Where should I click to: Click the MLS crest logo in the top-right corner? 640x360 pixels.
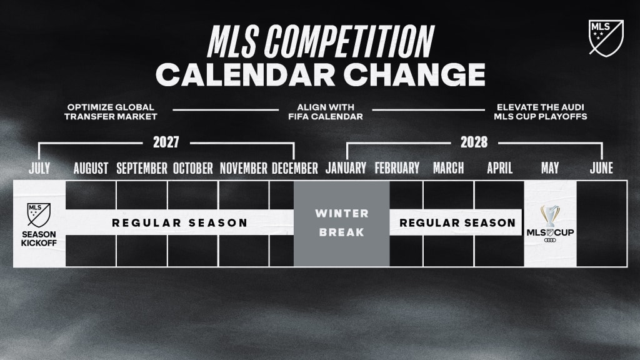(606, 38)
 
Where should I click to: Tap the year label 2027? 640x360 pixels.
(166, 142)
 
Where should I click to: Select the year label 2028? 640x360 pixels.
(474, 142)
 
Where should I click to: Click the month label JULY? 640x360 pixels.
(39, 168)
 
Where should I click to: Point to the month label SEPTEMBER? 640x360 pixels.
(142, 168)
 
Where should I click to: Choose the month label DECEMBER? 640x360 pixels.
(295, 168)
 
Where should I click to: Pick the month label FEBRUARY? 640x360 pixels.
(397, 168)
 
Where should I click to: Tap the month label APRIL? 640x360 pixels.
(499, 168)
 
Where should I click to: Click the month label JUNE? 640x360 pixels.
(601, 168)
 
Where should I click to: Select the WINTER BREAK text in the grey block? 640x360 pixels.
(342, 223)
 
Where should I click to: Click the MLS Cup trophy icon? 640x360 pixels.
(550, 216)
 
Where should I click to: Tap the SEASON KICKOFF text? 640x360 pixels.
(39, 238)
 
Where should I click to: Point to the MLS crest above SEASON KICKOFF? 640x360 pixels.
(39, 215)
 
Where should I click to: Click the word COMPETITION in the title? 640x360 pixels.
(349, 41)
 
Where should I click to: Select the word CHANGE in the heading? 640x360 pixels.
(414, 75)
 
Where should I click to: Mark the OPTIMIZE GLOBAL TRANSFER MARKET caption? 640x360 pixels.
(111, 112)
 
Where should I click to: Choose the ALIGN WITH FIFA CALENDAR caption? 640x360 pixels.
(325, 112)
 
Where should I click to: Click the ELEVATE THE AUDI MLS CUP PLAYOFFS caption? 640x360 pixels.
(541, 112)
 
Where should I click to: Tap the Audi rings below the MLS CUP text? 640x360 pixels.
(550, 240)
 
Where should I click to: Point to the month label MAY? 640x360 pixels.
(550, 168)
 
